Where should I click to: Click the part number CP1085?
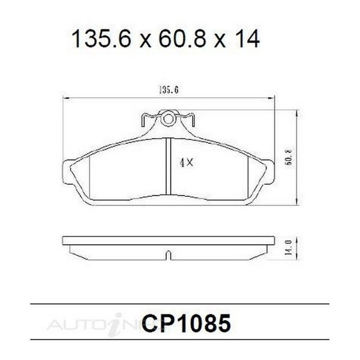pyautogui.click(x=186, y=323)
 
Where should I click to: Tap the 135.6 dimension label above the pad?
pyautogui.click(x=169, y=90)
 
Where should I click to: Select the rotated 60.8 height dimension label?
pyautogui.click(x=288, y=157)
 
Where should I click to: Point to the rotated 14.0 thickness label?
pyautogui.click(x=288, y=248)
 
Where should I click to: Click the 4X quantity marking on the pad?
pyautogui.click(x=187, y=163)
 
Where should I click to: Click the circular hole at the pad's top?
pyautogui.click(x=169, y=119)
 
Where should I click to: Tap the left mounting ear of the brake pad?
pyautogui.click(x=67, y=172)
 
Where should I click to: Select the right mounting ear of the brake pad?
pyautogui.click(x=270, y=172)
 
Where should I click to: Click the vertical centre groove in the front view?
pyautogui.click(x=169, y=167)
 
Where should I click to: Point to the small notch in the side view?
pyautogui.click(x=169, y=256)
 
